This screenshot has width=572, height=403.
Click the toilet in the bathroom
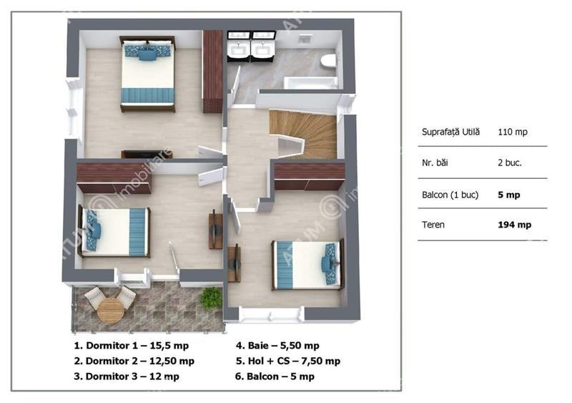(328, 62)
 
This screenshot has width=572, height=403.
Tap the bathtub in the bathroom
(310, 83)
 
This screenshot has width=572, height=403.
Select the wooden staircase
(304, 132)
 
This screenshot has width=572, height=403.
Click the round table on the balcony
(110, 309)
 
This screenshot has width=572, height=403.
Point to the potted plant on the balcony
(210, 298)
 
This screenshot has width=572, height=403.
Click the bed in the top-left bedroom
(147, 74)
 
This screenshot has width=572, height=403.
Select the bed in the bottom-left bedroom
(114, 231)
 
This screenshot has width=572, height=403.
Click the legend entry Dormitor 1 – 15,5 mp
(126, 345)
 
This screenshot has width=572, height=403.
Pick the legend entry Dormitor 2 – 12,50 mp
(134, 361)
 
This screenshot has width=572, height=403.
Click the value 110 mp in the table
(513, 132)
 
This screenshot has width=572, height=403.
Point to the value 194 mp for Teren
(514, 225)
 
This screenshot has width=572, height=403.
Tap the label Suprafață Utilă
(451, 132)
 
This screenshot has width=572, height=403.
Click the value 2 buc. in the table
(510, 162)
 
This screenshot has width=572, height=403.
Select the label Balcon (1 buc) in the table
(450, 194)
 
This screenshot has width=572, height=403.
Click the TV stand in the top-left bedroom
(147, 154)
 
